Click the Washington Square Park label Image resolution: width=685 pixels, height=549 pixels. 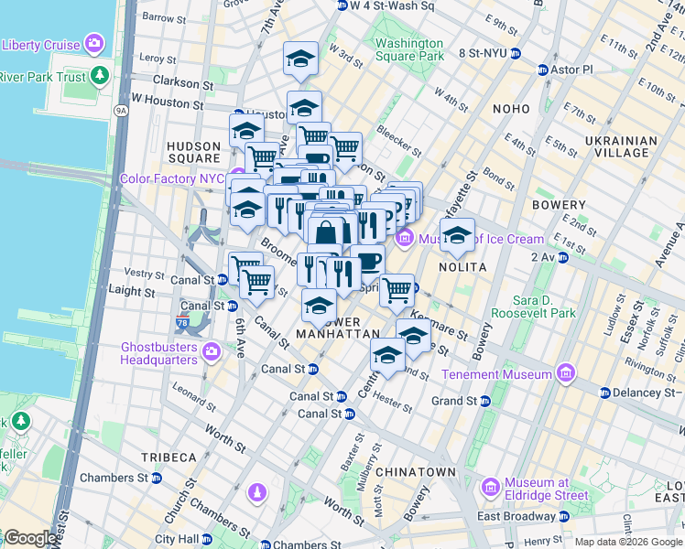[x=408, y=49]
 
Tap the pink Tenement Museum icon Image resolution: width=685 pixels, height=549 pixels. [x=565, y=374]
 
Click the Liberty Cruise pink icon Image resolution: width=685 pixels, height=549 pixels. [x=93, y=43]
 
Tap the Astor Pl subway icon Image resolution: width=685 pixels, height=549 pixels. [x=542, y=70]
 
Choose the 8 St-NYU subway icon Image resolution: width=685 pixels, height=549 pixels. [x=515, y=53]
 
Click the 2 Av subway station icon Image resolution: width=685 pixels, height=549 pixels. [x=564, y=258]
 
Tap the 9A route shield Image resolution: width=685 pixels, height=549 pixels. [x=120, y=111]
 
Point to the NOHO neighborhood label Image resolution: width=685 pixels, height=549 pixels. [x=510, y=109]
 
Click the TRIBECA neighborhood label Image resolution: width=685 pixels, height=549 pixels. [x=169, y=457]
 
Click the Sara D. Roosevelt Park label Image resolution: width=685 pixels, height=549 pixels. [x=533, y=307]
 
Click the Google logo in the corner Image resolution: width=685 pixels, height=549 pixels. [x=29, y=538]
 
